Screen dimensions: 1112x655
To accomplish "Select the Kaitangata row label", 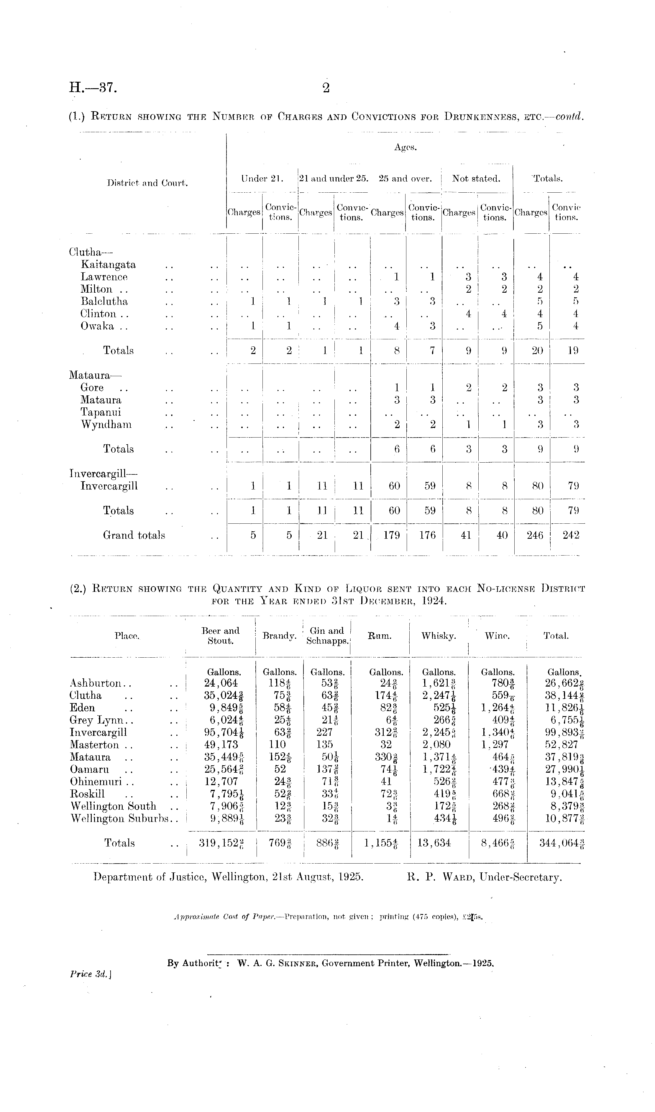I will [x=108, y=265].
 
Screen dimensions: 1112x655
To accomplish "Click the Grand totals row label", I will [x=134, y=535].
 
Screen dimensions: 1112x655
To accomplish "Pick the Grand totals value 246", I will [x=535, y=535].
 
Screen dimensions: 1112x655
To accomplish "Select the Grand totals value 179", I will [x=391, y=535].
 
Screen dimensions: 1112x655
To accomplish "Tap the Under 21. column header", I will [x=262, y=179].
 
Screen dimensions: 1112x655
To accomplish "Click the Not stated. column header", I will [x=476, y=179].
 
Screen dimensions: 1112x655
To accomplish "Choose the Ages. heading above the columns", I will [x=405, y=148].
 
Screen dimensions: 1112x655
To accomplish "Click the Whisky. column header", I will [x=438, y=636].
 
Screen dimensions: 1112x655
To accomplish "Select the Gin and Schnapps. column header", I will [x=327, y=636].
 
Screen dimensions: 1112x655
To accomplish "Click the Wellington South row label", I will [x=114, y=807].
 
